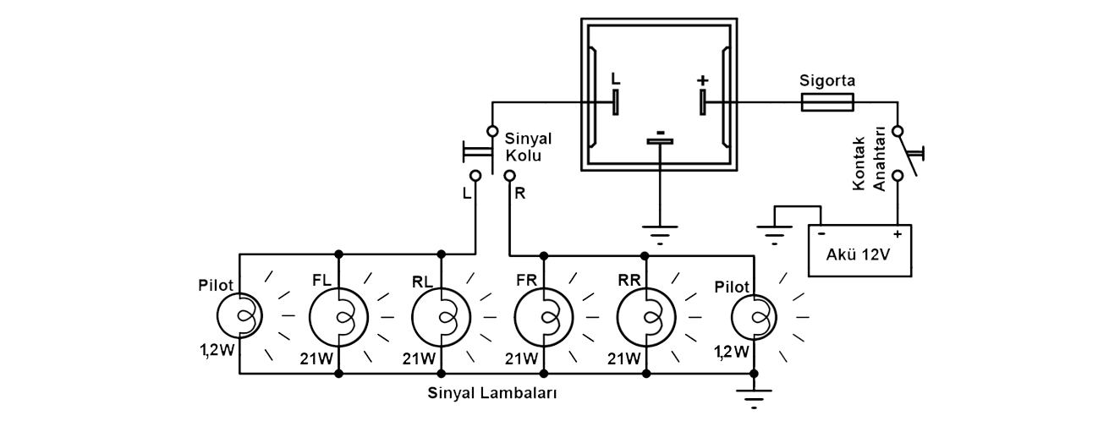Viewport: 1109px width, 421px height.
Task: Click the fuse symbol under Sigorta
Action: click(826, 103)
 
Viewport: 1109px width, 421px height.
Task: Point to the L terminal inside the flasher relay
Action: click(615, 102)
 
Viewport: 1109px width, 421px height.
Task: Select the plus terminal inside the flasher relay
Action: click(702, 102)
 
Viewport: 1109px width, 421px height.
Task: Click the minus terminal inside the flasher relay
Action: click(660, 141)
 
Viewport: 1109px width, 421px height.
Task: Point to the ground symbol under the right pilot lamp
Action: click(754, 399)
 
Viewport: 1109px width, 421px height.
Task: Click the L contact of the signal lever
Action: click(475, 176)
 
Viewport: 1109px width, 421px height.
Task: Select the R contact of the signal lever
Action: click(509, 176)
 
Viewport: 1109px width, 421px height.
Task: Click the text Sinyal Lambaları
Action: click(492, 393)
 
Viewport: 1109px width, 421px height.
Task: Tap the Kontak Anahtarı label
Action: click(869, 163)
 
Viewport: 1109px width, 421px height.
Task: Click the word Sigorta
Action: click(827, 81)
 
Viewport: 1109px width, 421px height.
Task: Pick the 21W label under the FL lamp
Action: click(316, 358)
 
